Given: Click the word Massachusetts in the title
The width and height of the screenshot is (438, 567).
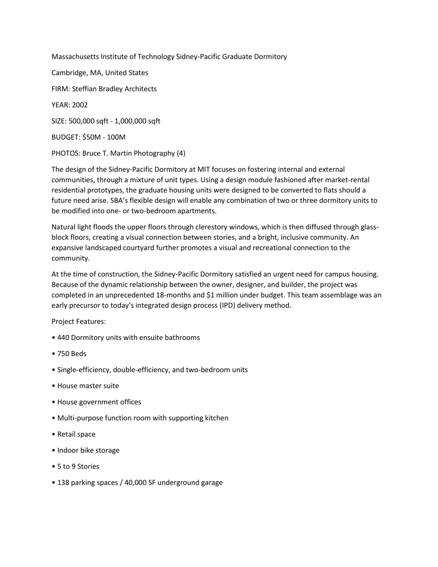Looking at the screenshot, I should point(75,57).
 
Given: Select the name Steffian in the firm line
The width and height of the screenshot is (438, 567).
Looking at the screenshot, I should point(84,89).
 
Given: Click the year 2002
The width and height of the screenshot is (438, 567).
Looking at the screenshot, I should point(80,105).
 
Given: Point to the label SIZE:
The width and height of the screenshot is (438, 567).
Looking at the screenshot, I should point(59,121).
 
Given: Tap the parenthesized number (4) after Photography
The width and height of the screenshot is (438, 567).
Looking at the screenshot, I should point(181,153).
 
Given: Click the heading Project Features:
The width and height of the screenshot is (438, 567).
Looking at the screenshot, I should point(79,322).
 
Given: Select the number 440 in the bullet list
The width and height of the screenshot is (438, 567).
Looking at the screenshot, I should point(63,338).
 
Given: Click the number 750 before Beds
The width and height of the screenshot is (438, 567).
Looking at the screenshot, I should point(63,354).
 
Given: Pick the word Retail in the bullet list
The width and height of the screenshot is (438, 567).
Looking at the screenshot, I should point(66,434).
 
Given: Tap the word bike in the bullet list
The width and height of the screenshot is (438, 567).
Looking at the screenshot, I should point(87,450).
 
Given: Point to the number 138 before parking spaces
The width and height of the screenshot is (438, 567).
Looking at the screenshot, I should point(63,483).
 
